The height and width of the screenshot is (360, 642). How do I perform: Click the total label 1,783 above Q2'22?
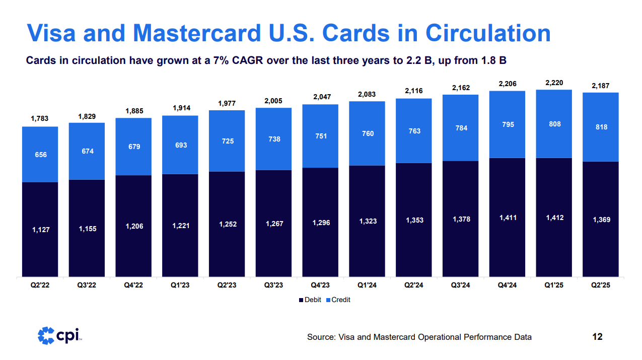click(x=40, y=119)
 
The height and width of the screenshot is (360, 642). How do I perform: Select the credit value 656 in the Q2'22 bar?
click(x=40, y=155)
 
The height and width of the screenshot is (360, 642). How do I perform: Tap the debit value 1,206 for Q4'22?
click(x=134, y=227)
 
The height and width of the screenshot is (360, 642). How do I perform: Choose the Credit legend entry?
click(x=338, y=300)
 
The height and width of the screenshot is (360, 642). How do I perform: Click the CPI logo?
click(x=60, y=335)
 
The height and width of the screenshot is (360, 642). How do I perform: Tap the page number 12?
click(x=597, y=336)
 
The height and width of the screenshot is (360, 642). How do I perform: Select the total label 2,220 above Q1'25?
click(x=554, y=82)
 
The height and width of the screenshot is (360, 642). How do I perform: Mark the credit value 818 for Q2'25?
click(x=601, y=127)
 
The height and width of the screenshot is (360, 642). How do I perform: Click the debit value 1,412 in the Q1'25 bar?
click(x=554, y=218)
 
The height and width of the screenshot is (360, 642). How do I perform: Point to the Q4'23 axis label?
click(x=321, y=285)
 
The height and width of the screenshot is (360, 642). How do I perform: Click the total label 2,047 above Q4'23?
click(x=321, y=97)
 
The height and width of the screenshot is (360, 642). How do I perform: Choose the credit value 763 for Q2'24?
click(x=414, y=131)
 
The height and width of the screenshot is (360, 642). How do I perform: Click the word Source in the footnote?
click(x=320, y=337)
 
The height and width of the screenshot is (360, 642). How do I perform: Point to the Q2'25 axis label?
click(x=601, y=285)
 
